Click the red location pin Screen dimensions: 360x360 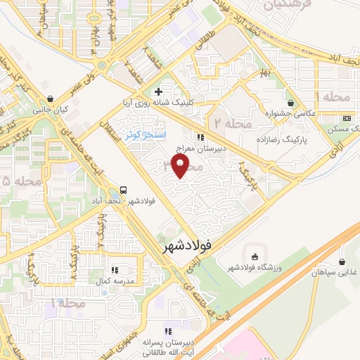(x=181, y=167)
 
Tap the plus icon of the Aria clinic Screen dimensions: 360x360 (x=160, y=91)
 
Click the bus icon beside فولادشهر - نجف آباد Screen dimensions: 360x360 (x=124, y=190)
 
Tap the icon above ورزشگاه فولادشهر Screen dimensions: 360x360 (x=254, y=255)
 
